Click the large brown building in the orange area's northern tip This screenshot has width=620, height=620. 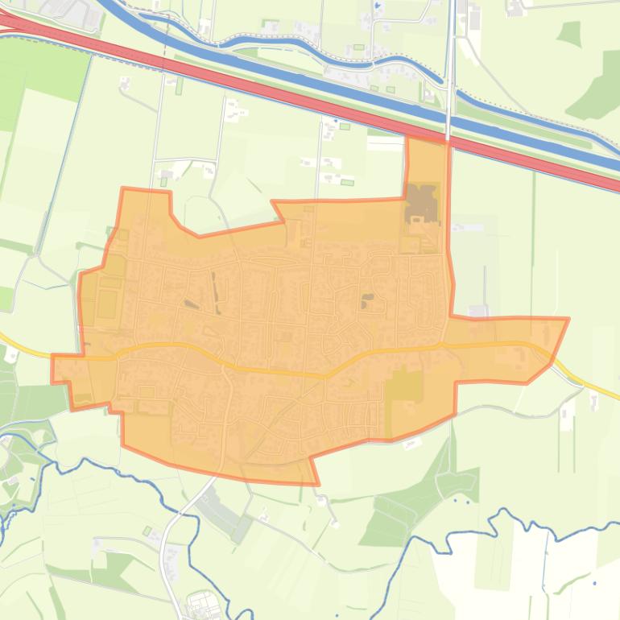[x=422, y=203]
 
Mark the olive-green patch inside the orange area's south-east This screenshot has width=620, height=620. [x=403, y=386]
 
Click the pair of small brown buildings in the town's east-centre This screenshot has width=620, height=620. [x=367, y=300]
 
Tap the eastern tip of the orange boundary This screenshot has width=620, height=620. [x=568, y=320]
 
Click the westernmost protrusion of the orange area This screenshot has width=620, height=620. [x=54, y=368]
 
